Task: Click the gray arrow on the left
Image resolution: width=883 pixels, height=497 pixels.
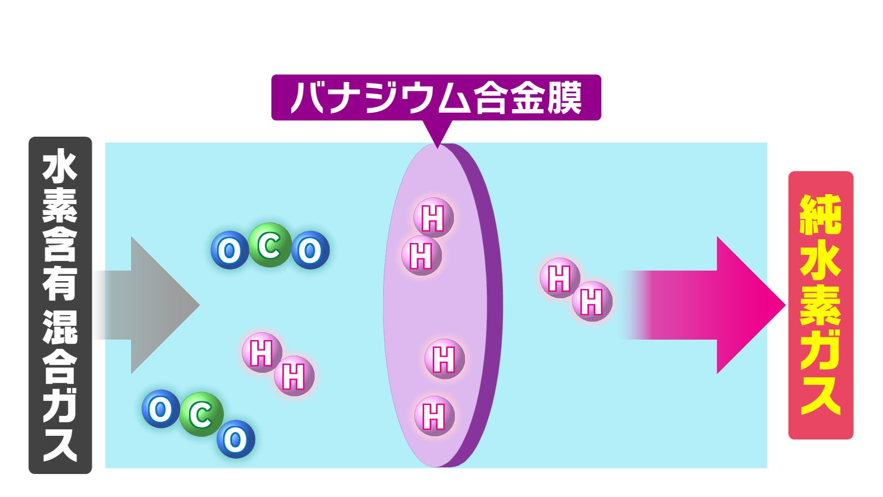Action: coord(152,305)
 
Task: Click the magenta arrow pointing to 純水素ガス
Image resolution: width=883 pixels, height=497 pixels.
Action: coord(717,305)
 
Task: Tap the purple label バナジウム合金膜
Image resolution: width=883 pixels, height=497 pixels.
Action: coord(436,98)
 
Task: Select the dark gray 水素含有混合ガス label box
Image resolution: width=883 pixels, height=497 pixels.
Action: coord(60,305)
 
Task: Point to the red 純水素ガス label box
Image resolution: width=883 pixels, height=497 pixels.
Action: coord(820,305)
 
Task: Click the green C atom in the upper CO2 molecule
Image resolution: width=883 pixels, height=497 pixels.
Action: coord(270,245)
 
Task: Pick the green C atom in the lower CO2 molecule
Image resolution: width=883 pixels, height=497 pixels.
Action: coord(201,415)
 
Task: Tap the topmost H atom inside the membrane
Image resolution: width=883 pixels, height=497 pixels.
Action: coord(433,218)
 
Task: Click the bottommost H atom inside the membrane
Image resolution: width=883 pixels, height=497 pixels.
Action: coord(434,416)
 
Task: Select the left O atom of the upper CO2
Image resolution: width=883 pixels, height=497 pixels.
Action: coord(229,250)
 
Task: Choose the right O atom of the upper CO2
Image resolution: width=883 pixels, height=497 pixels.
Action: coord(310,250)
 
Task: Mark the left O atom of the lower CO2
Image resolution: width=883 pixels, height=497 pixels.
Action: coord(161,409)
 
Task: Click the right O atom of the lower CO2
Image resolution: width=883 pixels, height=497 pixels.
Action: coord(235,439)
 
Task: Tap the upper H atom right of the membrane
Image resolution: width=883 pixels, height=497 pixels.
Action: coord(560,278)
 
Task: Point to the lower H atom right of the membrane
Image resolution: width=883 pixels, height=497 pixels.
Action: coord(592,301)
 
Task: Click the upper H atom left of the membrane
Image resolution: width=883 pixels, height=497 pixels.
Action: coord(262,353)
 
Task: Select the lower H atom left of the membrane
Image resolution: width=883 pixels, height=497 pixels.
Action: coord(294,376)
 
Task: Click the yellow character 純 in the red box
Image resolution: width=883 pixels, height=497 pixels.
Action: coord(820,215)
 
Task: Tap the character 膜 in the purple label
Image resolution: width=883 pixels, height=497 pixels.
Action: coord(565,98)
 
